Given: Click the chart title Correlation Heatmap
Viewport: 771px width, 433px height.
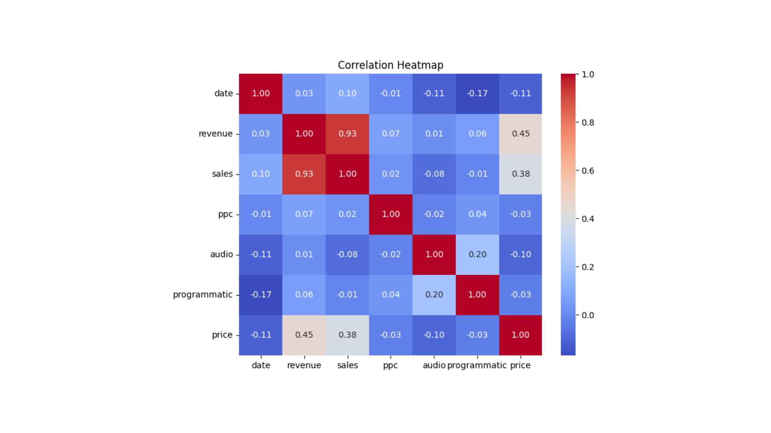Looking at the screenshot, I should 390,65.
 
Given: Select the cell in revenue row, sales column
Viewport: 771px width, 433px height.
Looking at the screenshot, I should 347,134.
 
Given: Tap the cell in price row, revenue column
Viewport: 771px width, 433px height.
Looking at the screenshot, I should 304,335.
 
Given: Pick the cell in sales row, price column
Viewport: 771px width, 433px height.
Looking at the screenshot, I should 520,174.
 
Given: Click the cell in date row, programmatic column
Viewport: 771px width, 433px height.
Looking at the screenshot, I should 477,93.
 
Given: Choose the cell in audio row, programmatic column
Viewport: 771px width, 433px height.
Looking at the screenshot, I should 477,255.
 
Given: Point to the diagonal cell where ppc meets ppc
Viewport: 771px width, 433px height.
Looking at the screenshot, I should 391,214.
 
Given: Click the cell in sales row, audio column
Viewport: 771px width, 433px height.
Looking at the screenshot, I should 434,174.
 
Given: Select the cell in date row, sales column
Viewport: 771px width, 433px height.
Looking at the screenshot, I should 347,93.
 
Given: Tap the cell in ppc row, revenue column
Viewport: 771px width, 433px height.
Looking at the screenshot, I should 304,214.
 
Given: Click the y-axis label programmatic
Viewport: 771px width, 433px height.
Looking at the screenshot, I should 202,295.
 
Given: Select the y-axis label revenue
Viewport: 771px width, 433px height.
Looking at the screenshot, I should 215,134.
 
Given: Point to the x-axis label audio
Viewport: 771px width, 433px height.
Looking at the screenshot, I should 434,365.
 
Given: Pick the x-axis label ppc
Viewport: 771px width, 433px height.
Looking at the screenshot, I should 390,365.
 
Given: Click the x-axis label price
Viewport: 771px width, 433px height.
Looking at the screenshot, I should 520,365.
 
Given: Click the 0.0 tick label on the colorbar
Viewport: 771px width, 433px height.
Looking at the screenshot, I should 587,315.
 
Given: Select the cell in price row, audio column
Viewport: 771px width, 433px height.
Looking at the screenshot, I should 434,335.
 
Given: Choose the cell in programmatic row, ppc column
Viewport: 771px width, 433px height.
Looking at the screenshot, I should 391,295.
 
